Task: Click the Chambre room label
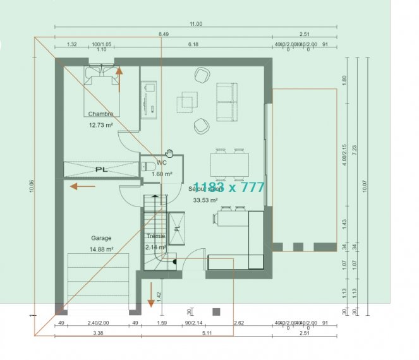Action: coord(100,114)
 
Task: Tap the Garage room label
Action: coord(101,238)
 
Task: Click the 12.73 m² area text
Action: coord(100,125)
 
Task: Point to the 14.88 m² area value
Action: coord(101,249)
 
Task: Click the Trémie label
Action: coord(155,236)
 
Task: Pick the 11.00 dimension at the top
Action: coord(195,24)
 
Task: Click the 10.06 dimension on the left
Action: coord(32,187)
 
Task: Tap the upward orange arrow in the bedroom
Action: coord(118,80)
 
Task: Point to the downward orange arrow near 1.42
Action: coord(151,295)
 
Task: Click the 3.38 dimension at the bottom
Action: coord(98,332)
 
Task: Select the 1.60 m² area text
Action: coord(162,174)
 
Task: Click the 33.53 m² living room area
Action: coord(205,200)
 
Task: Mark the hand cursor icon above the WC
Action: coord(169,152)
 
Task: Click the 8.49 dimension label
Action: coord(164,33)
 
